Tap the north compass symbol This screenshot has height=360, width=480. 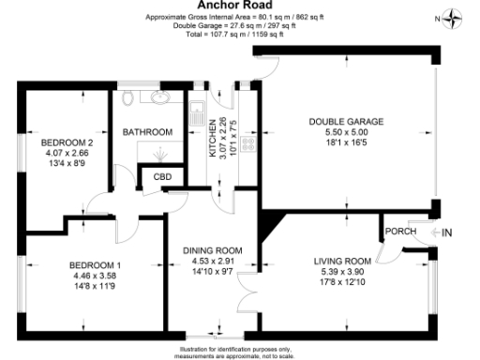point(454,16)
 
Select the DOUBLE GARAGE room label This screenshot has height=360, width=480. point(345,122)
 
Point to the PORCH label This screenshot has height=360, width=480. point(400,230)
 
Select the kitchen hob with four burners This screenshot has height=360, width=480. point(247,143)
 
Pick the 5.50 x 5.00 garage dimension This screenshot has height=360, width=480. point(345,133)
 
